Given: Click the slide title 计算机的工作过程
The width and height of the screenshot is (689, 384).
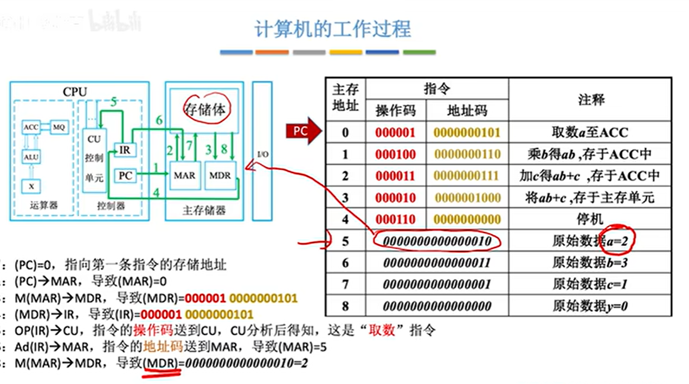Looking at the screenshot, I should (x=332, y=29).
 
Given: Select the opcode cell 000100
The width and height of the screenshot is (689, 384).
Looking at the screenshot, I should (x=395, y=155).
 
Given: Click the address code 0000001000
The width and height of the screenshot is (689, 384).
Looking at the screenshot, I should (x=467, y=198).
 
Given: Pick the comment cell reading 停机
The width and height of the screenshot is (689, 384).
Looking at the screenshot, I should (x=590, y=220).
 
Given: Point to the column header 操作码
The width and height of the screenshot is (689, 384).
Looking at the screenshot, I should (x=396, y=111).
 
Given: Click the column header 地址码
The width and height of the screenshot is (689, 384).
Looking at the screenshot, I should (x=467, y=111).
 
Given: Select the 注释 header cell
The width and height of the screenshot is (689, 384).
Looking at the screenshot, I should (x=591, y=100).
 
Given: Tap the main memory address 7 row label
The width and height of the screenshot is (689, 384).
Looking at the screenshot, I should (x=345, y=284).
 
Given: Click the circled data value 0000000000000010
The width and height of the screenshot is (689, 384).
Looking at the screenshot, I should (x=437, y=241).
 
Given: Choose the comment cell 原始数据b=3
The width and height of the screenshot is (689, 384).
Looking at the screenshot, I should (x=590, y=263).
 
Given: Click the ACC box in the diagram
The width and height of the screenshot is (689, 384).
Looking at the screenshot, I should (x=30, y=127).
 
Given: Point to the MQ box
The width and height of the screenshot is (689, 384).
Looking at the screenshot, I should (x=59, y=127).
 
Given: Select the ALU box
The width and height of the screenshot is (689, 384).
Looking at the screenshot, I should (x=30, y=157).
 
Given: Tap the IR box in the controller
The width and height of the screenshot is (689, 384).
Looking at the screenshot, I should (x=124, y=149).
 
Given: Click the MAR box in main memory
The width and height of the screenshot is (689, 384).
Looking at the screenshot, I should (x=184, y=176).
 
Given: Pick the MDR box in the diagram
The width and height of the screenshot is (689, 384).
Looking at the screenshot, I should (x=220, y=176).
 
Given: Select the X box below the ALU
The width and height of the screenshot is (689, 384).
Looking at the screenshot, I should (x=31, y=186).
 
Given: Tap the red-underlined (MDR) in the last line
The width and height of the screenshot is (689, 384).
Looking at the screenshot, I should (x=160, y=363).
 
